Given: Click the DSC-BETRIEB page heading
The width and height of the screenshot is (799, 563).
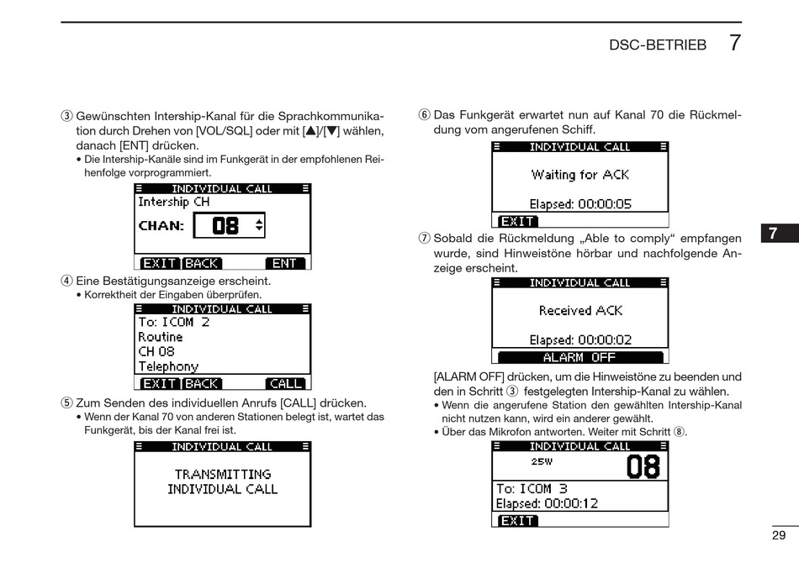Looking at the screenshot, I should coord(657,45).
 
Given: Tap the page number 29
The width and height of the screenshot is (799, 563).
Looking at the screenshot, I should coord(778,535).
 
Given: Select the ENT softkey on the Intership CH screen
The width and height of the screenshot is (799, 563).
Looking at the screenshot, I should coord(283,263).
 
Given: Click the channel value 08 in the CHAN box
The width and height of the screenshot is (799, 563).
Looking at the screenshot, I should coord(225,225).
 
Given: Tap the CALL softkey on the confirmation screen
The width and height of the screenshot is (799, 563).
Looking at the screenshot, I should coord(285,383).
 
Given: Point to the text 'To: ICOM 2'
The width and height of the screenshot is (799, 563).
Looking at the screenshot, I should coord(174,322).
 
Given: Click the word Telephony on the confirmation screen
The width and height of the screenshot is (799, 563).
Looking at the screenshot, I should coord(168,366).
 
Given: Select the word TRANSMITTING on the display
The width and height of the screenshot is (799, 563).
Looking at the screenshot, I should coord(223,474).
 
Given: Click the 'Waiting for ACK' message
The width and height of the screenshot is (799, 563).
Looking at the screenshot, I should coord(579,175).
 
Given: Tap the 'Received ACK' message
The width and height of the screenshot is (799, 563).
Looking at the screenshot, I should coord(580,311).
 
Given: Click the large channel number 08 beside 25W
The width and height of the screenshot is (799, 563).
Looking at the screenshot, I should coord(643,466).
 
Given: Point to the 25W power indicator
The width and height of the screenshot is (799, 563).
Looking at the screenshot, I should coord(542,461).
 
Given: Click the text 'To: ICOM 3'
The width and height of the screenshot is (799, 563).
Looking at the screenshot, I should coord(532,488).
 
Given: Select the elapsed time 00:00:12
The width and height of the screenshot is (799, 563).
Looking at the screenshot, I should coord(571,503).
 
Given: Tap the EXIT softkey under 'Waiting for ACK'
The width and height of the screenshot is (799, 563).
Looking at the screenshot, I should coord(517,222).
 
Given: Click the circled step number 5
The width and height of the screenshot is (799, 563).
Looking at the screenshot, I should coord(66,403).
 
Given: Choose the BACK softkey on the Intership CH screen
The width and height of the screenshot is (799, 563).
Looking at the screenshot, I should coord(202,263).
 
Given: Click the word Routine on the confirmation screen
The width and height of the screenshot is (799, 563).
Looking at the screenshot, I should coord(161,337).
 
